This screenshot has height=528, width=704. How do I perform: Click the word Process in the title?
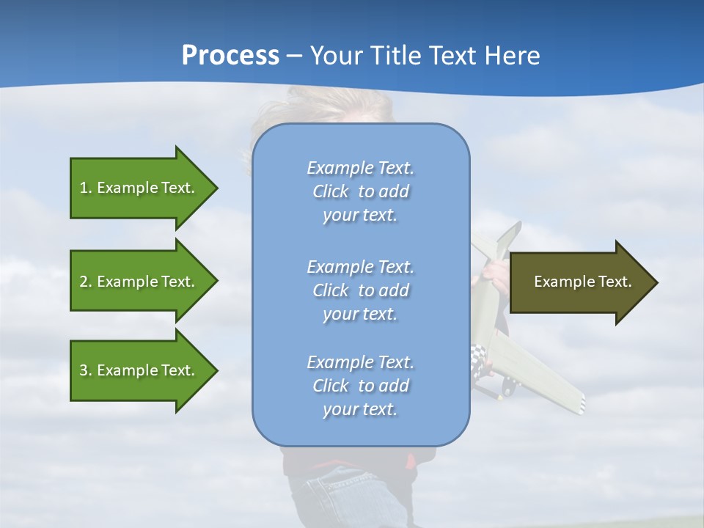pos(230,56)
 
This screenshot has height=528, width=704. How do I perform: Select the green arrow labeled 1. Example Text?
pos(139,188)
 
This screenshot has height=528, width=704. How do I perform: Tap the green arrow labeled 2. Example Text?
pos(139,282)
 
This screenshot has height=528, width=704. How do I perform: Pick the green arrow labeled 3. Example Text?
pos(139,370)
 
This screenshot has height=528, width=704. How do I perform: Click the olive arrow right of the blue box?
pos(579,282)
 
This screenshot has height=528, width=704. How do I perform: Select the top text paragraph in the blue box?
pos(360,191)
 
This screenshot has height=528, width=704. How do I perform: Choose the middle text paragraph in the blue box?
pos(360,290)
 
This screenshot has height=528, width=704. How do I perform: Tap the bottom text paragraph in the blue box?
pos(360,386)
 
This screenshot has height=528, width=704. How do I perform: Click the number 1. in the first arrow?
pos(86,188)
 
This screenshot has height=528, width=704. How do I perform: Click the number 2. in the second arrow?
pos(86,282)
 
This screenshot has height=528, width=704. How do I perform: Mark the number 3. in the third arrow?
pos(86,370)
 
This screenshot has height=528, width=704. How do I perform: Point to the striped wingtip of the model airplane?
pos(576,403)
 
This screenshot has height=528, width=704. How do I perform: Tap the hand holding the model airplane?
pos(496,273)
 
